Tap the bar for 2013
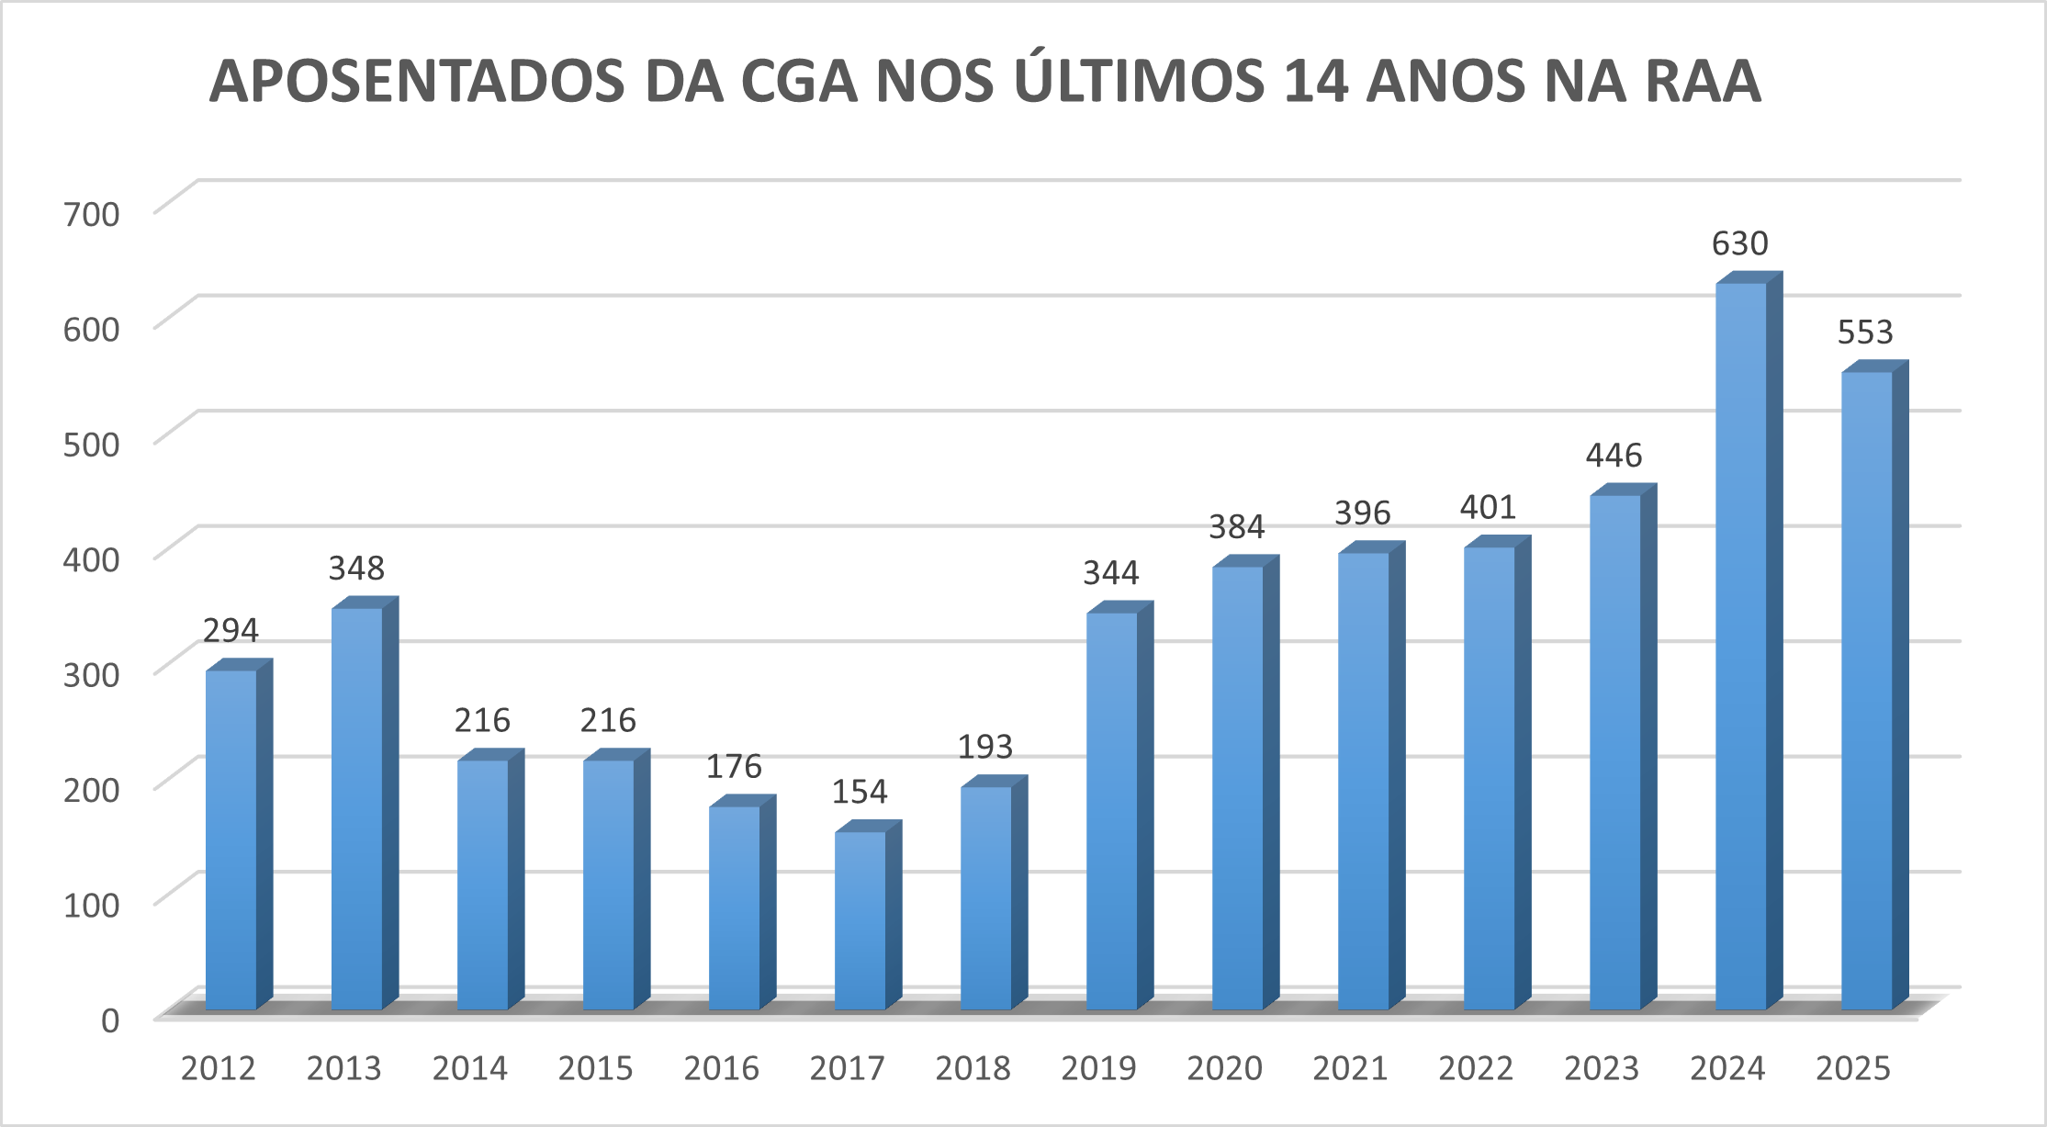[x=357, y=808]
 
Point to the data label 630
[x=1739, y=244]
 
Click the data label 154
[x=860, y=792]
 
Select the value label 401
[x=1488, y=507]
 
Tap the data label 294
[x=231, y=631]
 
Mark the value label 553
[x=1865, y=332]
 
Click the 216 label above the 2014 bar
[x=482, y=720]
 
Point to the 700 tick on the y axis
[x=92, y=214]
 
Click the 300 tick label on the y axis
[x=92, y=674]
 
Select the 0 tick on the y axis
[x=110, y=1020]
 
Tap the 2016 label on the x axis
[x=721, y=1068]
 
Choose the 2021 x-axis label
[x=1350, y=1068]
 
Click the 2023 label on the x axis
[x=1602, y=1068]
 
